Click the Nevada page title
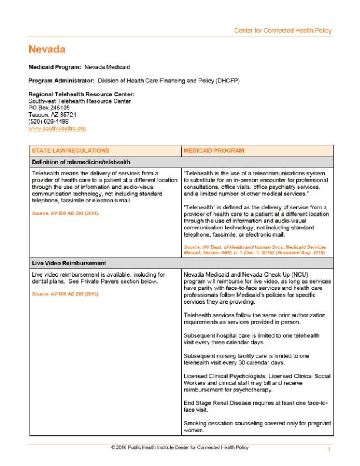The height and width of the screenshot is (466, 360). point(46,49)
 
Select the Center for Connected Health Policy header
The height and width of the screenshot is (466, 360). point(282,31)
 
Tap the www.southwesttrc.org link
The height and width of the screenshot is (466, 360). point(57,128)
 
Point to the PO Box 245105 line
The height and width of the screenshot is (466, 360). point(49,108)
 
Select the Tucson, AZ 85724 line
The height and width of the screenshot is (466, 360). point(52,115)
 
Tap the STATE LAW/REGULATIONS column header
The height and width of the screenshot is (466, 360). point(70,151)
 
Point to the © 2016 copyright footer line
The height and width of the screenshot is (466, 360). point(179,448)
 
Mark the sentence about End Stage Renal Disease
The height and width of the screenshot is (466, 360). point(255,405)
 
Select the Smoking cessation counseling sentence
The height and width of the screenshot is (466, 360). point(257,427)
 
